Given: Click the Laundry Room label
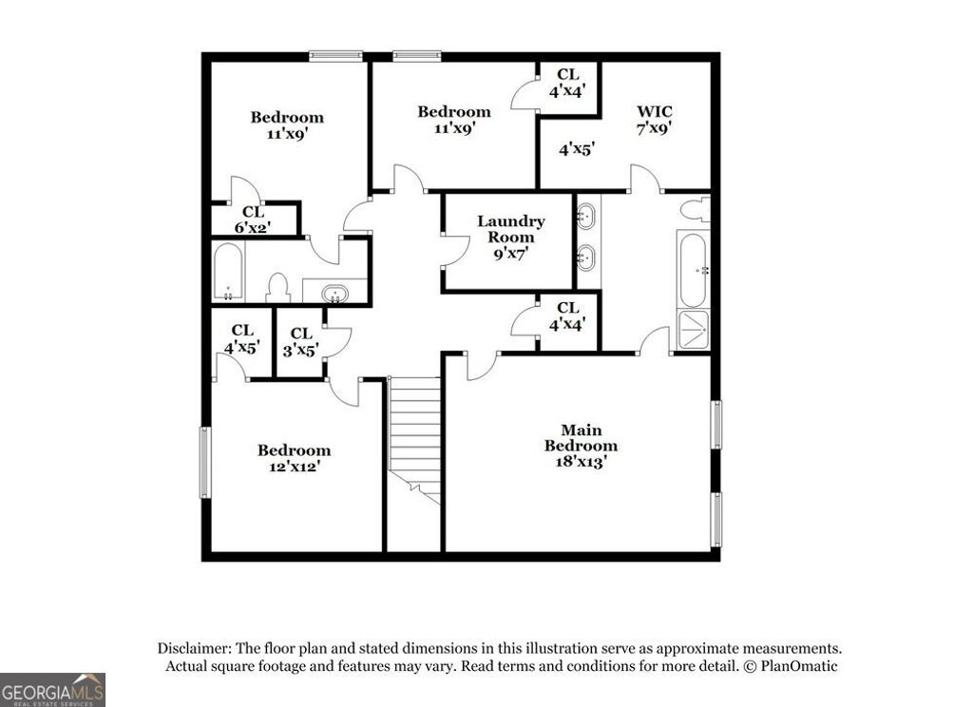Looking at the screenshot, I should coord(510,228).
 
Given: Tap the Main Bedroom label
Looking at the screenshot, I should coord(581,438).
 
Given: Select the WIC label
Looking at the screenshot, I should coord(654,111).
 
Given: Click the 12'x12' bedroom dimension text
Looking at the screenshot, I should coord(295,467).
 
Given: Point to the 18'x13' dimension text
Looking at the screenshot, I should coord(581,461).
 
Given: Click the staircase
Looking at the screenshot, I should coord(415,437).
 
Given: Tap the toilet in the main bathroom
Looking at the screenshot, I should coord(696,209).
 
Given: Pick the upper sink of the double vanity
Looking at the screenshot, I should coord(586,216).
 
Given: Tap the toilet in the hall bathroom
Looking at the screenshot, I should coord(278,288).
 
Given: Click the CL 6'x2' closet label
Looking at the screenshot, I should coord(253,220).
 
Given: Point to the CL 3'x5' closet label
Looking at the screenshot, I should coord(301,340).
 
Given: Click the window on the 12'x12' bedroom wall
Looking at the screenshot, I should coord(204,462).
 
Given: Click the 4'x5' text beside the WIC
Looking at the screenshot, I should coord(576,148).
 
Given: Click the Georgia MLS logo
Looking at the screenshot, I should coord(52,689).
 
